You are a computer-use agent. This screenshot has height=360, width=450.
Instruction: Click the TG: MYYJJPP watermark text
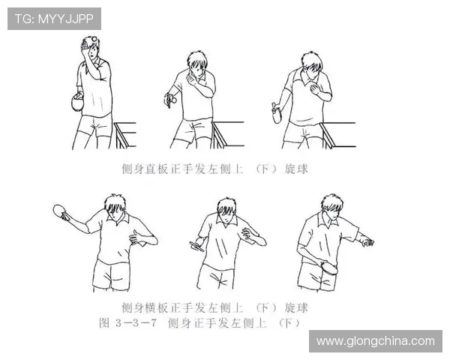(x=54, y=19)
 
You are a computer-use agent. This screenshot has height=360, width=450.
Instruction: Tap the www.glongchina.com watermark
(x=375, y=340)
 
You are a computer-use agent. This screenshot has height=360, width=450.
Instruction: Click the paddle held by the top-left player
(x=76, y=103)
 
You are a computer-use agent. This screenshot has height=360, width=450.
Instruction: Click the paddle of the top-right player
(x=277, y=114)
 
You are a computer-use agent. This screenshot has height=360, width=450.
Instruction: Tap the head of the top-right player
(x=313, y=66)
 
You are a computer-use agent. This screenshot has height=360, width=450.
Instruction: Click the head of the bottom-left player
(x=115, y=206)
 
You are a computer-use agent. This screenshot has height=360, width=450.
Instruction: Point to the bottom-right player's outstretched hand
(x=367, y=241)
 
